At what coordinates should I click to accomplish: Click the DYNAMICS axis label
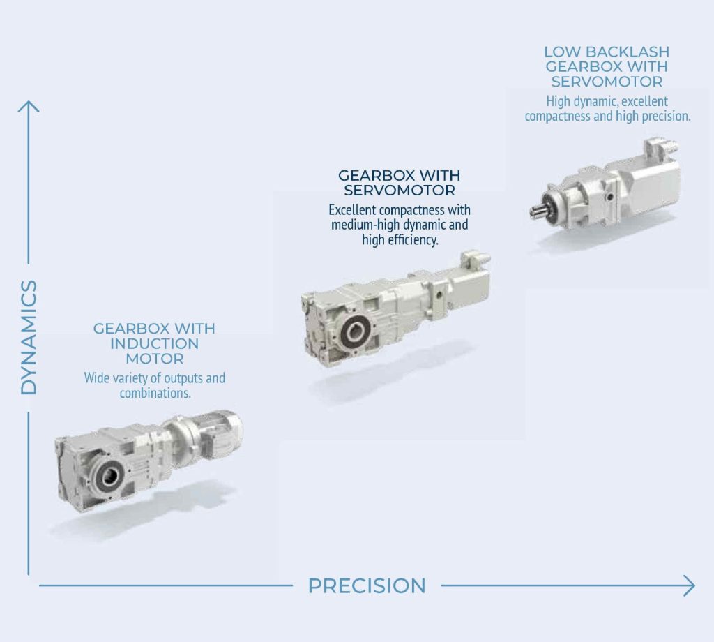(x=29, y=337)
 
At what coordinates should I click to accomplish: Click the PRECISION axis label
(x=367, y=586)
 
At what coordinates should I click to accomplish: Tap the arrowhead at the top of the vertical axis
(x=28, y=107)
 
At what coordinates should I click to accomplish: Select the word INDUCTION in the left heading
(x=154, y=343)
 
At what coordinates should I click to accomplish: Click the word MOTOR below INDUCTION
(x=154, y=359)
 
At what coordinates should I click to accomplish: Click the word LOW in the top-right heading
(x=561, y=52)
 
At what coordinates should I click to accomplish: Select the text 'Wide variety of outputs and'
(x=154, y=378)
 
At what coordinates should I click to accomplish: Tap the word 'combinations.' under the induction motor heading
(x=155, y=393)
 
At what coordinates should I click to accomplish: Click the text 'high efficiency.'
(x=400, y=239)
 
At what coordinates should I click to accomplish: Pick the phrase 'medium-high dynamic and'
(x=400, y=225)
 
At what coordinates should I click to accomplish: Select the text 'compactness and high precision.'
(x=607, y=117)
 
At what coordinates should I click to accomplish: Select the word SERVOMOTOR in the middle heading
(x=400, y=191)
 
